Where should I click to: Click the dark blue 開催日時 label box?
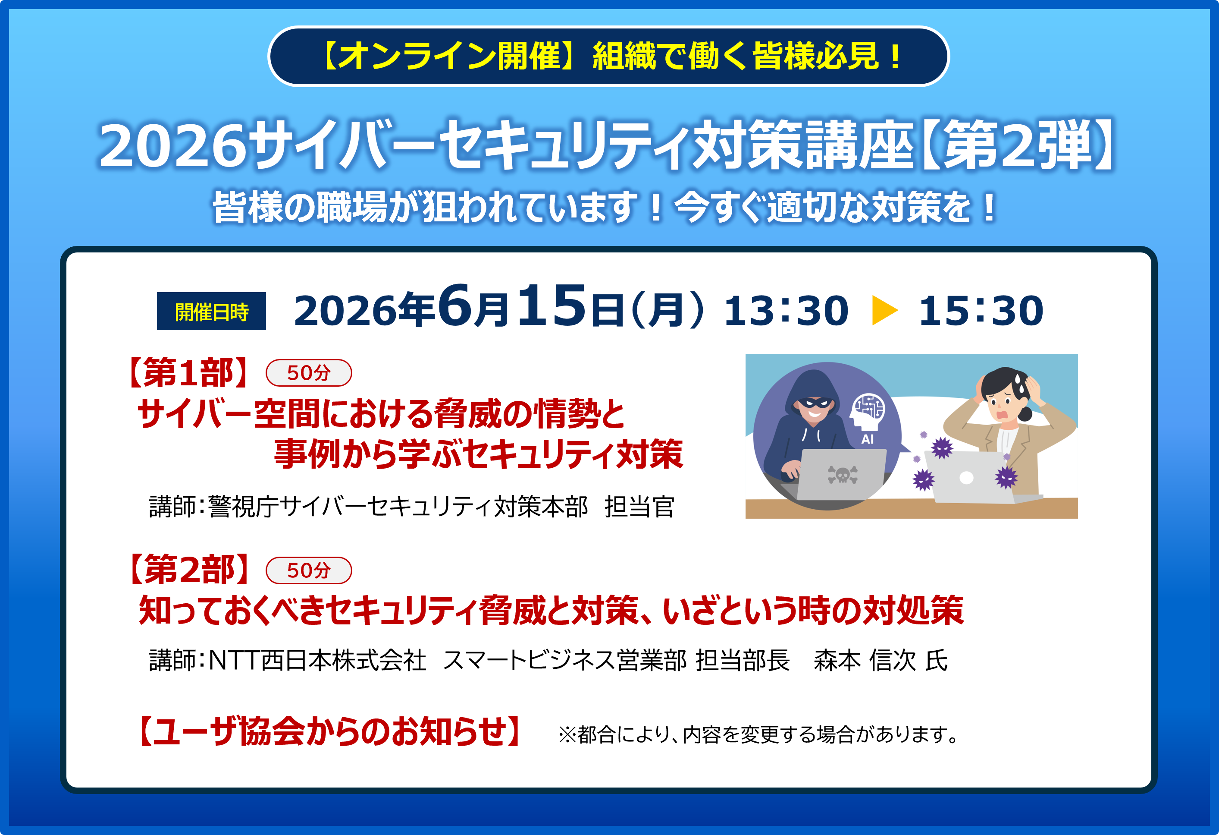pos(211,311)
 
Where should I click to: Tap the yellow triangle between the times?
pos(884,310)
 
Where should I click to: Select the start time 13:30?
pos(786,311)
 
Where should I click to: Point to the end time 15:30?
pos(981,311)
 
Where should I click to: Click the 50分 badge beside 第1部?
pos(309,373)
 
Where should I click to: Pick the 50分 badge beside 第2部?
pos(309,570)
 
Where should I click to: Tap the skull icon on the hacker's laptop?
pos(843,474)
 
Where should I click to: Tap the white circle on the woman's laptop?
pos(966,478)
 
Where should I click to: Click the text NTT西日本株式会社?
pos(318,660)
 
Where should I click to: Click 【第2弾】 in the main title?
pos(1018,145)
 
